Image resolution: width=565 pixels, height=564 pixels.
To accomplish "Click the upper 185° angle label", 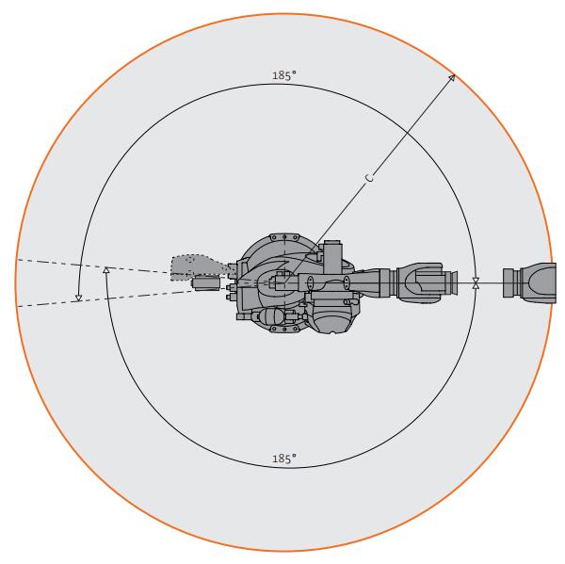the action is pyautogui.click(x=284, y=75).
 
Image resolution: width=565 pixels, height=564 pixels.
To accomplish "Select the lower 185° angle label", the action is pyautogui.click(x=284, y=459).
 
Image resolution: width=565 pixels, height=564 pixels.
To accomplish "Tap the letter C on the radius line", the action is pyautogui.click(x=369, y=178).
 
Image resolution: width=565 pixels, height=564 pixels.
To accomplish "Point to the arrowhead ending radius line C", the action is pyautogui.click(x=452, y=78).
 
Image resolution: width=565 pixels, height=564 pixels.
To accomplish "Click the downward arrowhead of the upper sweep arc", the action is pyautogui.click(x=78, y=298).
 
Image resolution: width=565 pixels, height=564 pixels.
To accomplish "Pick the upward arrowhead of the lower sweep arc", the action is pyautogui.click(x=105, y=269).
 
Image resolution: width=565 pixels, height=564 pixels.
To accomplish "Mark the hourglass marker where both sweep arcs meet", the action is pyautogui.click(x=476, y=282).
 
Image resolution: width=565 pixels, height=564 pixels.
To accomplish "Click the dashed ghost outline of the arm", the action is pyautogui.click(x=198, y=267).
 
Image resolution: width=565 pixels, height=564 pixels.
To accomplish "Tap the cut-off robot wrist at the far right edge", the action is pyautogui.click(x=529, y=282).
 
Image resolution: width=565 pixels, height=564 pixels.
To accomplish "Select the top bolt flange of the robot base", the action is pyautogui.click(x=284, y=237).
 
